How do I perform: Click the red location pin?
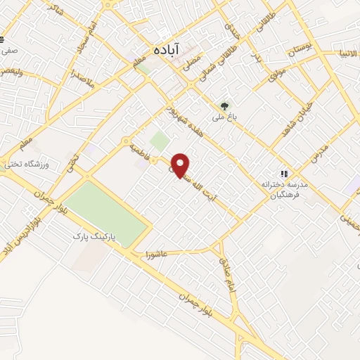[181, 165]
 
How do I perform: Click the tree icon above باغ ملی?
[224, 107]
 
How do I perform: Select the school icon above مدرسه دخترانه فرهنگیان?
[284, 173]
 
